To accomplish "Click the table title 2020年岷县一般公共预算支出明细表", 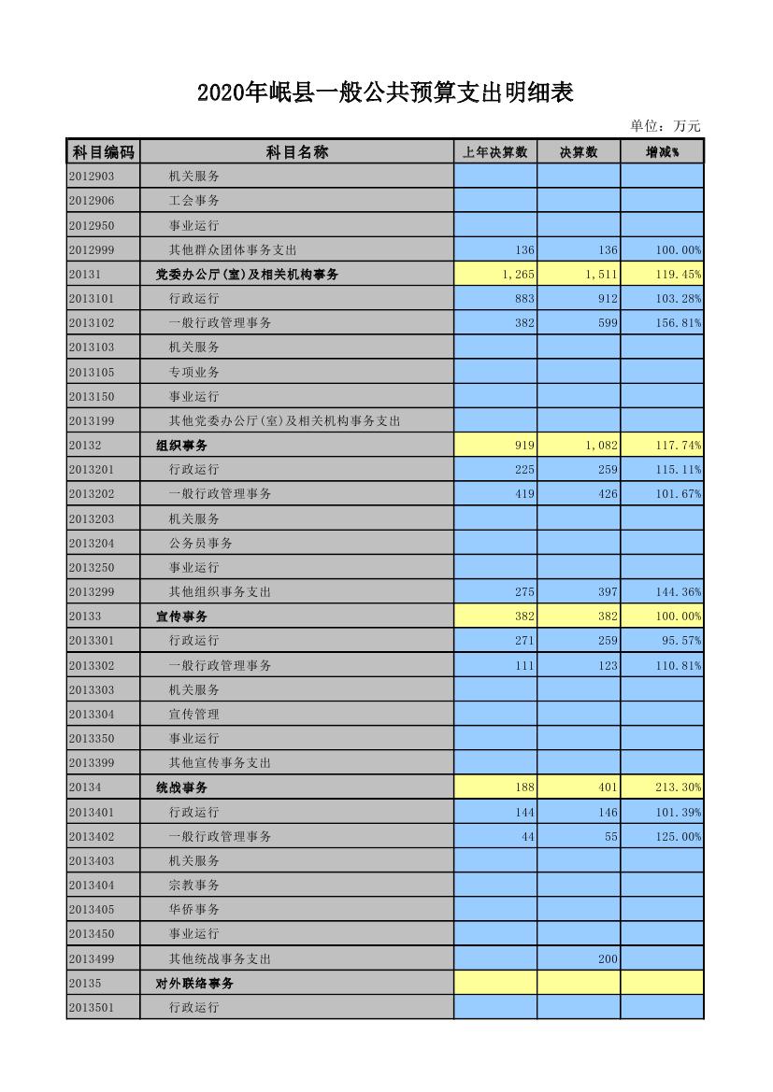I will click(385, 92).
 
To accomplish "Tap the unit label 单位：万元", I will click(666, 126).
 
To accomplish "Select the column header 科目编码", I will click(103, 152).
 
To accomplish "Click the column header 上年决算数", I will click(495, 152).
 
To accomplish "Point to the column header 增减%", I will click(662, 152).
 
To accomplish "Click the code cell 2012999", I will click(92, 249).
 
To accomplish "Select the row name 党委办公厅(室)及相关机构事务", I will click(247, 274).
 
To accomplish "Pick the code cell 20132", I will click(85, 445).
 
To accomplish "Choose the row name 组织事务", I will click(181, 445).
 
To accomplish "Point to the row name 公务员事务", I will click(200, 543).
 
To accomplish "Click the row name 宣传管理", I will click(193, 714).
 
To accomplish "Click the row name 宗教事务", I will click(193, 885).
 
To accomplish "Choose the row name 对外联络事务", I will click(194, 983).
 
